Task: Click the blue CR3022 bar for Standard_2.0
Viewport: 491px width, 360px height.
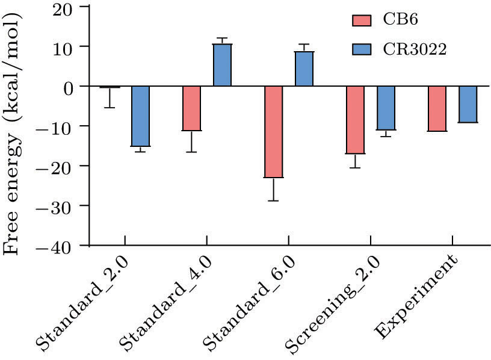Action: tap(141, 116)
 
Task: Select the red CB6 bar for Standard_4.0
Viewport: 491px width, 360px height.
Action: tap(191, 108)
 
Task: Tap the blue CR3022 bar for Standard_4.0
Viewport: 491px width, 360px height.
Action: tap(223, 65)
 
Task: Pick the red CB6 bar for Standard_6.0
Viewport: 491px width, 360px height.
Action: tap(273, 132)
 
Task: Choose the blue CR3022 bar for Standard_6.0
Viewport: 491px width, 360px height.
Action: tap(304, 69)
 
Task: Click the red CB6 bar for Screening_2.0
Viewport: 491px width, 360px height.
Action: tap(355, 120)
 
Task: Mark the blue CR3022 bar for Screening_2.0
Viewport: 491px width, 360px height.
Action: tap(386, 108)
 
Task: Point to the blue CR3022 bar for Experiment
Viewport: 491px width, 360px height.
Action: tap(468, 104)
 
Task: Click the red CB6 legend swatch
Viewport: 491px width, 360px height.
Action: tap(363, 20)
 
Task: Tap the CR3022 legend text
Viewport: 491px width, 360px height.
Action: tap(415, 49)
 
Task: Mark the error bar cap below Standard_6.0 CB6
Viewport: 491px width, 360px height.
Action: tap(273, 200)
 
